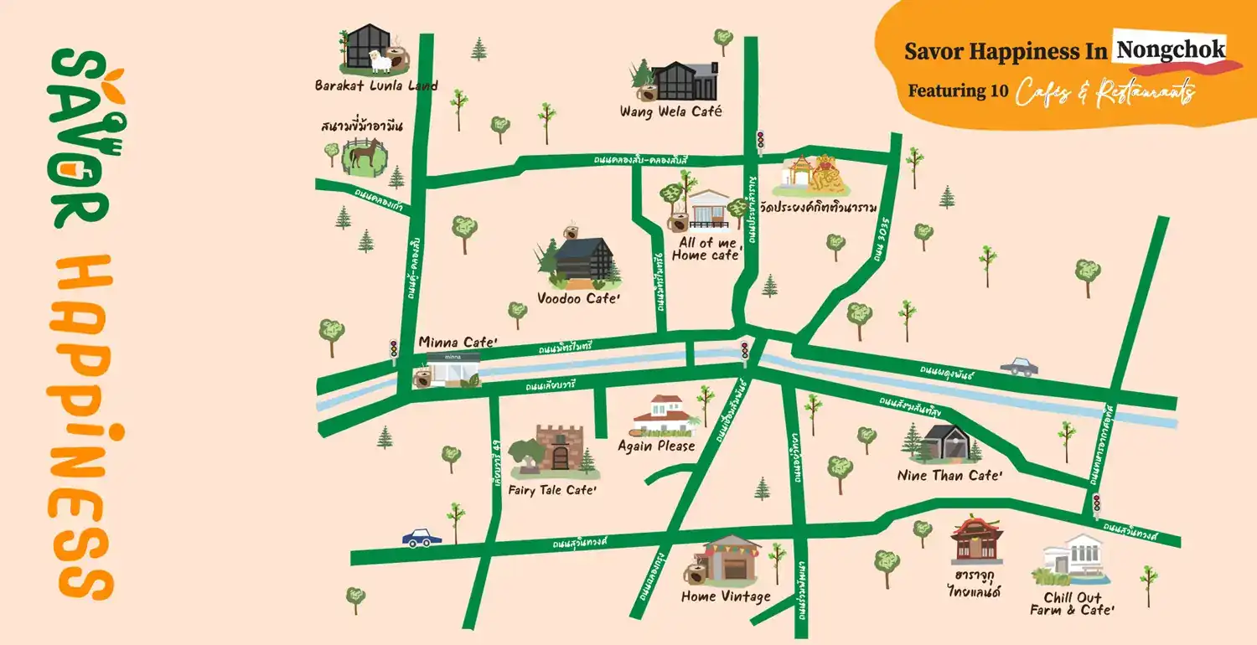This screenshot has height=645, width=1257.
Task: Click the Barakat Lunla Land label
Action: [376, 85]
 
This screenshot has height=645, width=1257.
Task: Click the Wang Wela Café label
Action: [670, 111]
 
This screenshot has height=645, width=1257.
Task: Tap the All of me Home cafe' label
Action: [707, 249]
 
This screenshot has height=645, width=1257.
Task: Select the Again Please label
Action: [656, 446]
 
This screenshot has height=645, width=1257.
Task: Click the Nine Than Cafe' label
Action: [949, 476]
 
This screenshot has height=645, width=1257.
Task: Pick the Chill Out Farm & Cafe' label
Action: [1073, 604]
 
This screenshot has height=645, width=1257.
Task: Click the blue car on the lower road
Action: [421, 538]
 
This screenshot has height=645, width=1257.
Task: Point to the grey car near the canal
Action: [1019, 366]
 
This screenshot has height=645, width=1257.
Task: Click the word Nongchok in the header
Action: [1170, 49]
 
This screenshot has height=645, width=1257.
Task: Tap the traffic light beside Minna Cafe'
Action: [394, 348]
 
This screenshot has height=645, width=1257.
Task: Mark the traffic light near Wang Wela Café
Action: [760, 140]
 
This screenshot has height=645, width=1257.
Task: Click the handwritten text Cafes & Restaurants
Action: [1104, 91]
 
